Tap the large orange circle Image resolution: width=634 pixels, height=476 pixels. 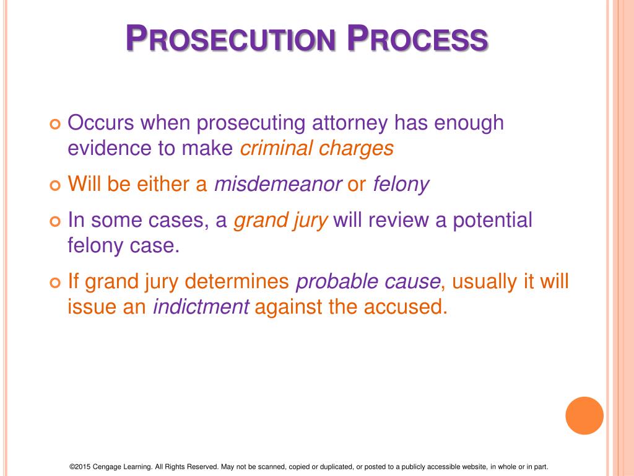click(584, 416)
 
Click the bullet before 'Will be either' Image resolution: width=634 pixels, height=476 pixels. click(54, 185)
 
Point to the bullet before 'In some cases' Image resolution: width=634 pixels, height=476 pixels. click(54, 221)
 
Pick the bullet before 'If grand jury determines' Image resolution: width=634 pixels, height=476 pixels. click(54, 283)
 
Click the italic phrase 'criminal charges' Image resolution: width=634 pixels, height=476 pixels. click(316, 149)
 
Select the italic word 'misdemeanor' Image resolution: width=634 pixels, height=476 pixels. click(278, 185)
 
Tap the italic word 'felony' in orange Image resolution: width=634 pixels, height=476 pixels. click(401, 185)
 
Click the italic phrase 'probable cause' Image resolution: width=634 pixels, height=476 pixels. click(368, 282)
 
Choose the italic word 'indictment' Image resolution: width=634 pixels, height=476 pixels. click(201, 307)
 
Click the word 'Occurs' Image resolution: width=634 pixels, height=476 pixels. click(100, 123)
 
